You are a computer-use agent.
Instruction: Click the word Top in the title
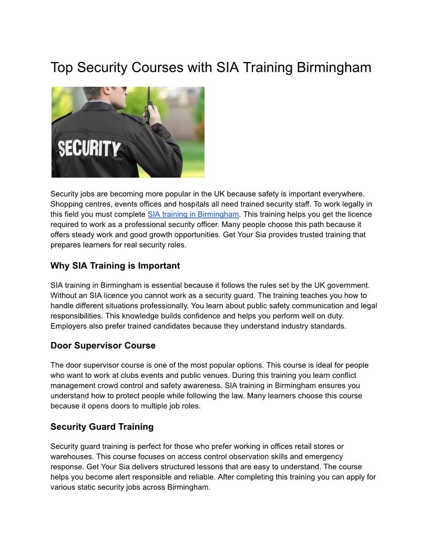[x=61, y=68]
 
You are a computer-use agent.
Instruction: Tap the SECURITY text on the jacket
[x=89, y=149]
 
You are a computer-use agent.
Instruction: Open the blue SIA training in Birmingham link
[x=193, y=214]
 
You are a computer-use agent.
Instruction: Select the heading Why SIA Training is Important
[x=115, y=265]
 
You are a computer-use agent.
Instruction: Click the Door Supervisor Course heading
[x=103, y=346]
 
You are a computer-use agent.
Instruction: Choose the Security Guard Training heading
[x=102, y=426]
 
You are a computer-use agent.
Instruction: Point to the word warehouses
[x=71, y=457]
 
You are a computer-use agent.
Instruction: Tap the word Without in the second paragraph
[x=63, y=295]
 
